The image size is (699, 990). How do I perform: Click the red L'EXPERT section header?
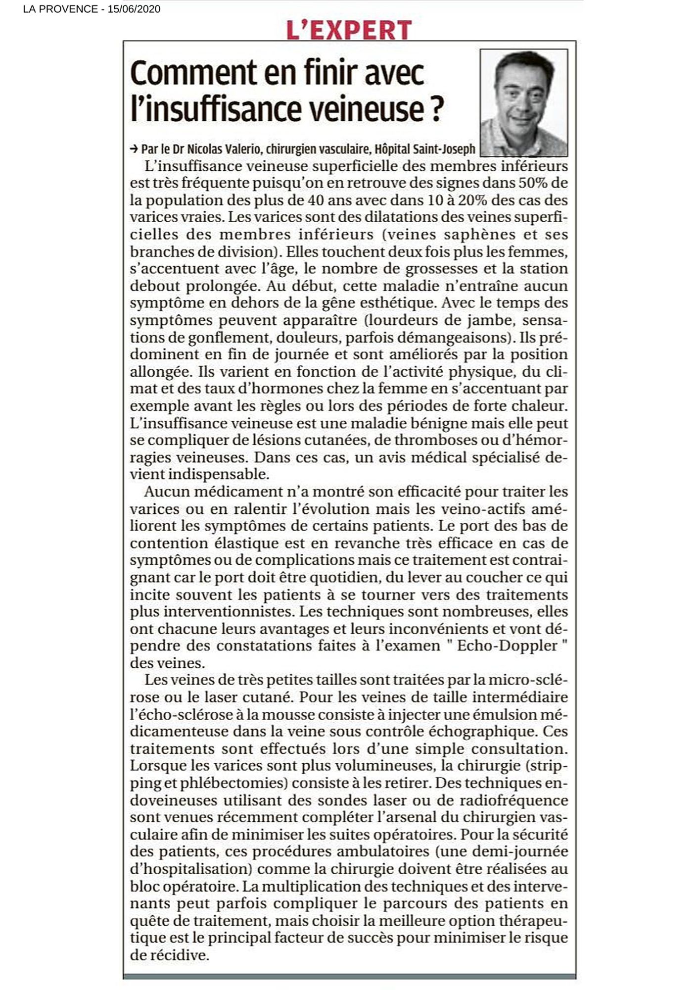pyautogui.click(x=349, y=30)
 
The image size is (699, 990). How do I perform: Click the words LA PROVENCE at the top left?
pyautogui.click(x=60, y=9)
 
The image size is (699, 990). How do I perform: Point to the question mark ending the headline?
pyautogui.click(x=434, y=109)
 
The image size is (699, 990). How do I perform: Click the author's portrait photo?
pyautogui.click(x=524, y=102)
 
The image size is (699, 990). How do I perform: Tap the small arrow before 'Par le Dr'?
pyautogui.click(x=134, y=149)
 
